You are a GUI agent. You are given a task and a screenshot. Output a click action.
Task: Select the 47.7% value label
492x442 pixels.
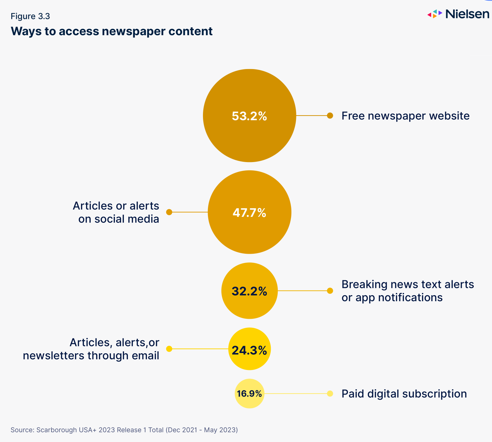249,213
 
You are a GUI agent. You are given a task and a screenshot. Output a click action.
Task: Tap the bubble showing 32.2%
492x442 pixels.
249,291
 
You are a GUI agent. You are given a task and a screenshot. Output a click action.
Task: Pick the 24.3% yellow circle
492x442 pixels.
249,349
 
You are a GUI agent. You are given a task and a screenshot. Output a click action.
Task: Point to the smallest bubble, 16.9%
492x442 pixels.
249,394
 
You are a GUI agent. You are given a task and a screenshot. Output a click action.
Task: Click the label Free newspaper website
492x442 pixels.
405,116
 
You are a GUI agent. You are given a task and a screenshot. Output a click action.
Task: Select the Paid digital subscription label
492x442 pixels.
404,394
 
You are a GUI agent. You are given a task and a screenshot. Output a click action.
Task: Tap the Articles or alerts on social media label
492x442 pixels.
116,213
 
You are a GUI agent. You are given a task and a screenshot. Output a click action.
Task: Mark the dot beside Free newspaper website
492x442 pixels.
330,116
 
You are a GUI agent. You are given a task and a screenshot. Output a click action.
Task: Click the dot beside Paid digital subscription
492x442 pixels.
330,394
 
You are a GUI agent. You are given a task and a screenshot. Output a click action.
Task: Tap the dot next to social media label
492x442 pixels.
169,212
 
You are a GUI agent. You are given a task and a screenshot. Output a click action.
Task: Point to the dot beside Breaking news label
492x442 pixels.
330,291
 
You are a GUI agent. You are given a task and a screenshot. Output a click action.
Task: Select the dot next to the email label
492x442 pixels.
169,349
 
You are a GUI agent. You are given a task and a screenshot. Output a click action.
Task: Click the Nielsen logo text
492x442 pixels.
467,14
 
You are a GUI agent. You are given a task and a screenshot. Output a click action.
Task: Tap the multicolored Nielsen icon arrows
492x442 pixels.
435,14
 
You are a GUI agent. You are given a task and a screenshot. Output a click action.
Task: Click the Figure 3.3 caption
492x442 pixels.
30,16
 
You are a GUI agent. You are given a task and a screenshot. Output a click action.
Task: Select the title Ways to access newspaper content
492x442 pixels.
112,31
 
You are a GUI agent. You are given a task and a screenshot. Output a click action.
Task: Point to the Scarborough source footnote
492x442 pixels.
124,430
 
